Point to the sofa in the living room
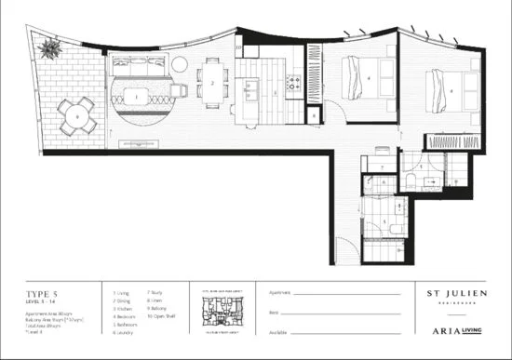pyautogui.click(x=139, y=66)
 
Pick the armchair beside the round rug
pyautogui.click(x=178, y=90)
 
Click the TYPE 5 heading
pyautogui.click(x=40, y=291)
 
